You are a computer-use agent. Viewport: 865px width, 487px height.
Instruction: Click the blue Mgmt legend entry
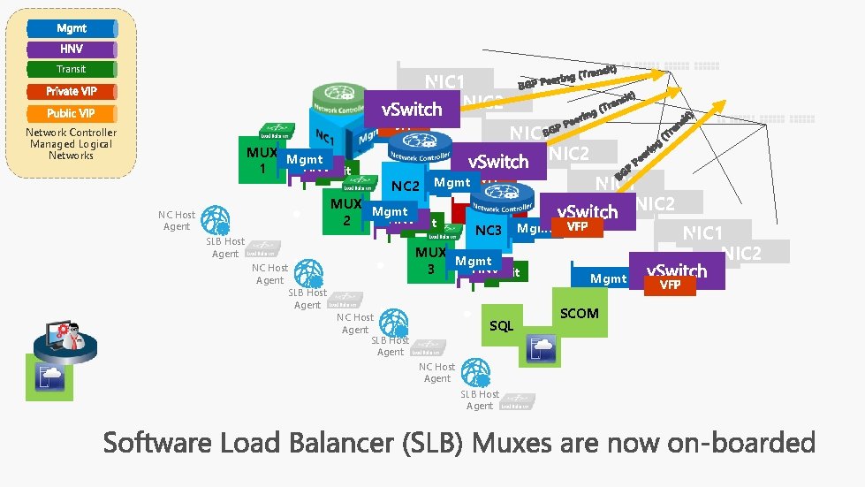click(x=72, y=28)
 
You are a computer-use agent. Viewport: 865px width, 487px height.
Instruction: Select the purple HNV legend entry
click(x=72, y=49)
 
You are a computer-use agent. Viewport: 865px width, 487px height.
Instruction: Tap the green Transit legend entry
click(x=72, y=69)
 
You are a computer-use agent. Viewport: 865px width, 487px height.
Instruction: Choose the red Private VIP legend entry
click(x=72, y=91)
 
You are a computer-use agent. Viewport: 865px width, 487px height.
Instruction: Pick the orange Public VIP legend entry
click(x=72, y=113)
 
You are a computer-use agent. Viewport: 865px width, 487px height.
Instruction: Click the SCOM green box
click(x=580, y=313)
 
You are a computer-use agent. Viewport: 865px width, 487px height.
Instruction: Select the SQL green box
click(x=502, y=326)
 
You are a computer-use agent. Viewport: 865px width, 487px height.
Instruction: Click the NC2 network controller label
click(x=406, y=186)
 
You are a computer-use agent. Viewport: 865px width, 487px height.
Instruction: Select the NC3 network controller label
click(x=489, y=231)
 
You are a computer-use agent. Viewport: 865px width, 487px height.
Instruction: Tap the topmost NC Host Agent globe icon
click(x=214, y=219)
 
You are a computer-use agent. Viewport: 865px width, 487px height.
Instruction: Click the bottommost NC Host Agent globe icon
click(x=474, y=371)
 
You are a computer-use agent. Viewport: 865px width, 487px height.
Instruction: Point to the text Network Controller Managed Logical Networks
click(x=71, y=144)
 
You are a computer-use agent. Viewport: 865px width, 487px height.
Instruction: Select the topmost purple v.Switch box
click(x=411, y=110)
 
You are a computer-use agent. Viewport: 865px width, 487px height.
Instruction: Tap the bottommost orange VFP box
click(x=670, y=285)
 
